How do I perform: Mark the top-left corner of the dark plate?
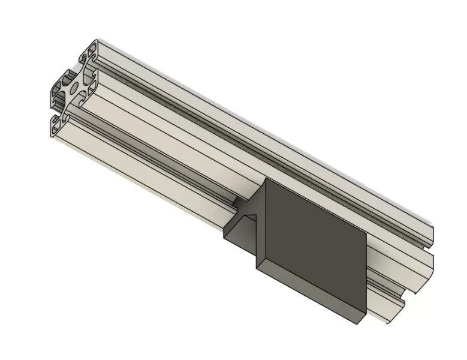(x=265, y=179)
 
